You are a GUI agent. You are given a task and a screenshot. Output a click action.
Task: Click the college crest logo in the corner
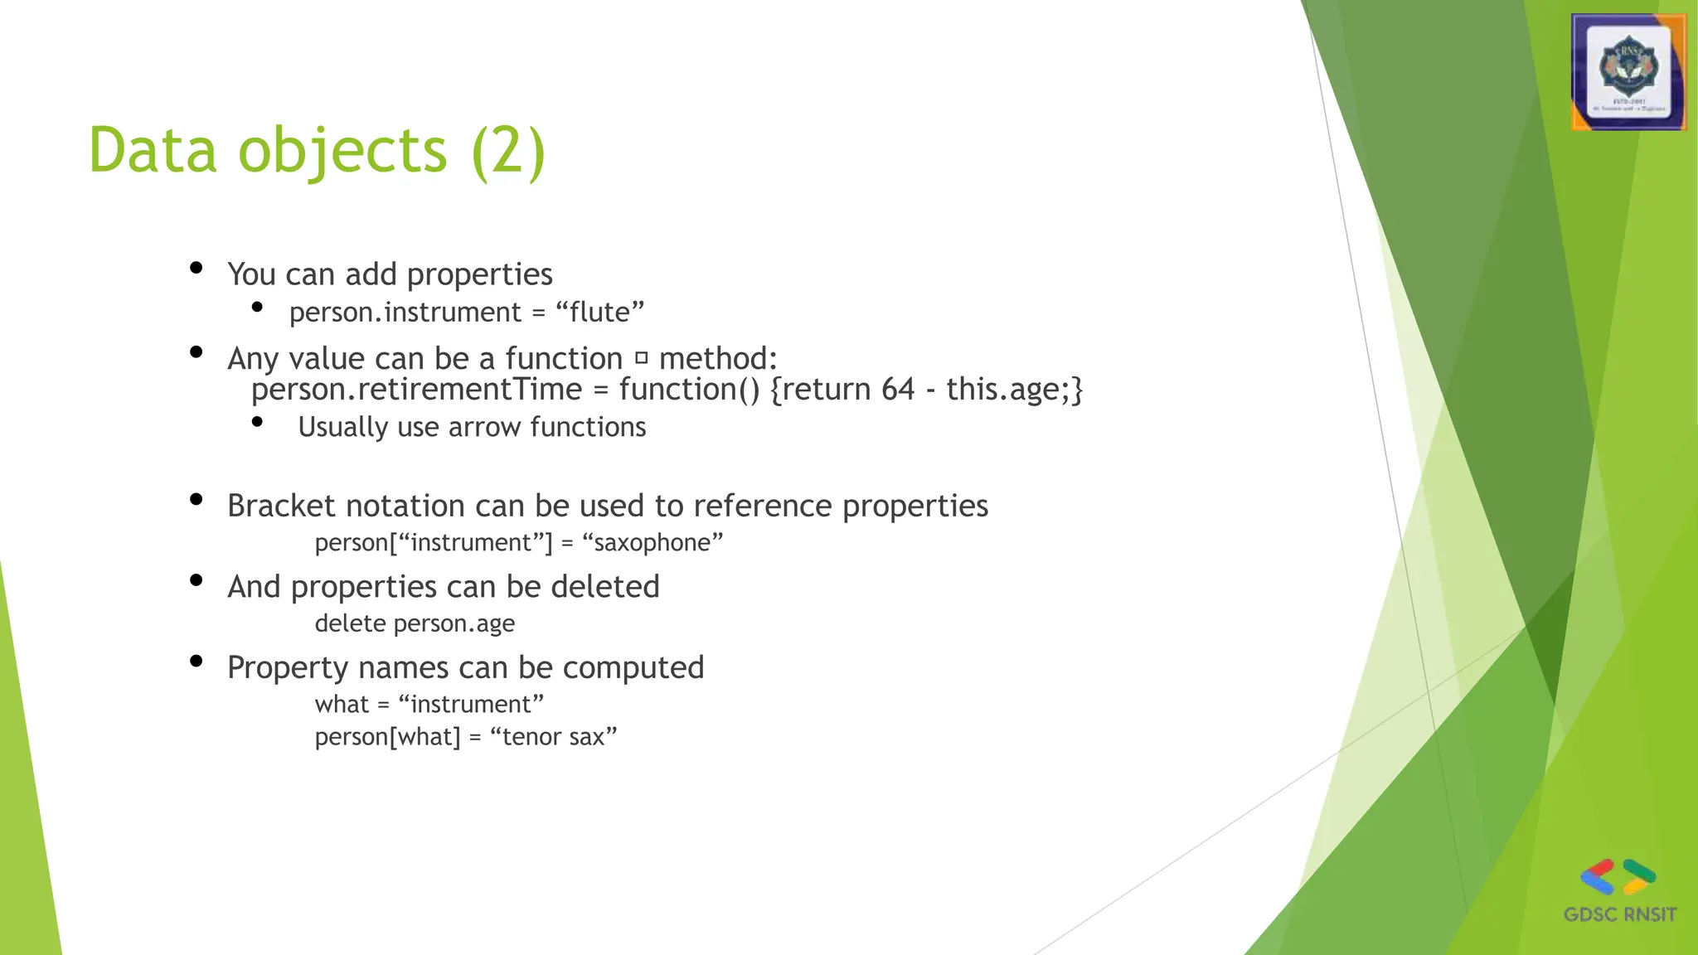pos(1628,73)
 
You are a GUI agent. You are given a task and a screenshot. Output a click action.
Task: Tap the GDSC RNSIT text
pos(1619,914)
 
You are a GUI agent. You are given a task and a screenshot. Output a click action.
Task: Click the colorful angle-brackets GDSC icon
pos(1618,877)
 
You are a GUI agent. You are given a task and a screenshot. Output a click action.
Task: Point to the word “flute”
pos(599,313)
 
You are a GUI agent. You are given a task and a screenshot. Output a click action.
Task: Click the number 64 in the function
pos(897,389)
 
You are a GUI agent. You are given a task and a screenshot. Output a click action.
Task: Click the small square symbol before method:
pos(641,359)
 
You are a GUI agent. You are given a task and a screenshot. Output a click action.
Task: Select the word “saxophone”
pos(653,542)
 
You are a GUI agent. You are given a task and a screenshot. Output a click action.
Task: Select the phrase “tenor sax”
pos(554,736)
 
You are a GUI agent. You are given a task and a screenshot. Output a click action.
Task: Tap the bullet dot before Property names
pos(196,661)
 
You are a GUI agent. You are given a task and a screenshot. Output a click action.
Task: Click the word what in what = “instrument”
pos(341,704)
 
